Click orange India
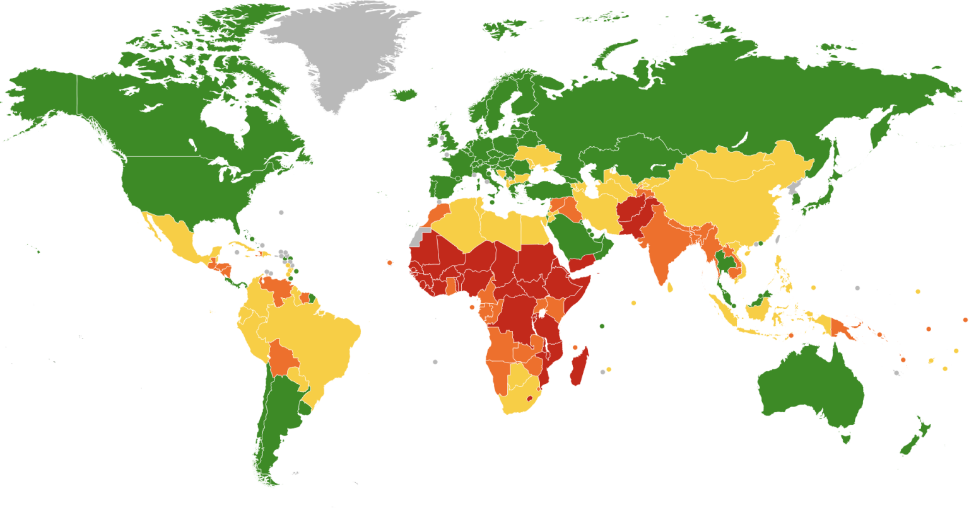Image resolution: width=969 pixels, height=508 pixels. coord(659,246)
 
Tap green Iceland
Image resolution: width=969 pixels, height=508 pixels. coord(403,95)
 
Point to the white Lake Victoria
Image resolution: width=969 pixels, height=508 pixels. coord(541,313)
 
